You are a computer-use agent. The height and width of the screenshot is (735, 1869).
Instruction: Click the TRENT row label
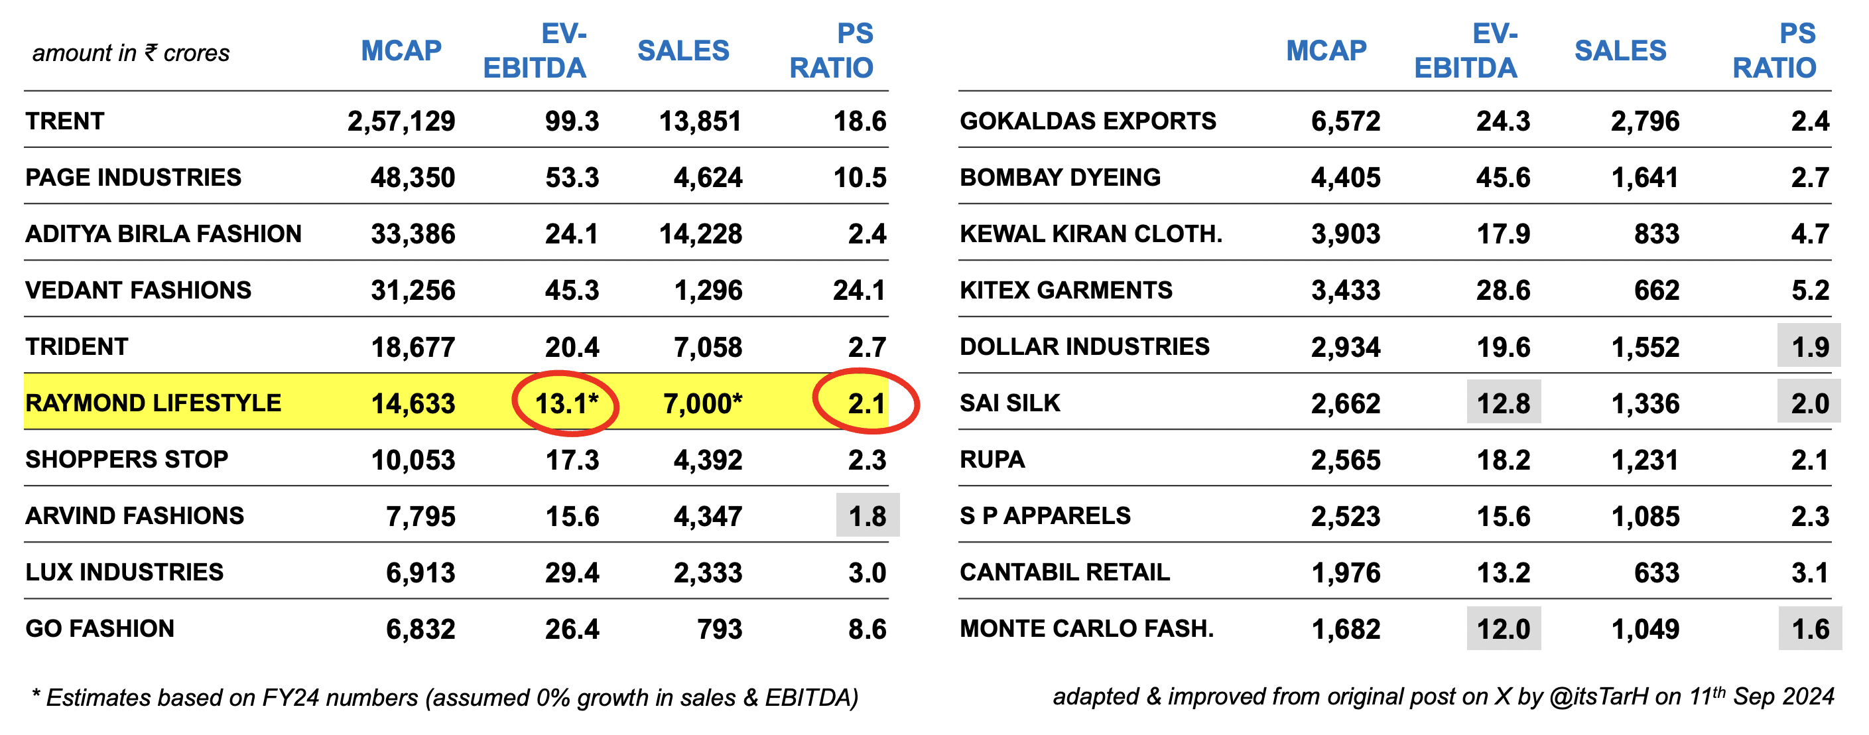(x=65, y=121)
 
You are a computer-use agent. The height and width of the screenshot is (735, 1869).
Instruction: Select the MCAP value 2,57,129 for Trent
(x=401, y=121)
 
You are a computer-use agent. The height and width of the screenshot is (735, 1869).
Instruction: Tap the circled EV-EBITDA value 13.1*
(x=566, y=403)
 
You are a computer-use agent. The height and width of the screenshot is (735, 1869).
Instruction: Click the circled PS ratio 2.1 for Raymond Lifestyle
(x=866, y=403)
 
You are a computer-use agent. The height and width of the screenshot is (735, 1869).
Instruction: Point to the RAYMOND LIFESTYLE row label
(x=153, y=403)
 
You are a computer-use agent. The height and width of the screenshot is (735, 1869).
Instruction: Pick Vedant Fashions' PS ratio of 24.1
(x=859, y=291)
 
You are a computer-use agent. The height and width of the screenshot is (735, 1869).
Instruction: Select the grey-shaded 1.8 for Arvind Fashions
(x=867, y=516)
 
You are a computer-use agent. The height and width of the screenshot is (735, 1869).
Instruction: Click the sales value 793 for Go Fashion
(x=719, y=629)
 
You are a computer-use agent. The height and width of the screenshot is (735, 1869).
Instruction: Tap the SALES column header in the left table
(x=682, y=51)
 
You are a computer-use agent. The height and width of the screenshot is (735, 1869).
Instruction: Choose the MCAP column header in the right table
(x=1326, y=51)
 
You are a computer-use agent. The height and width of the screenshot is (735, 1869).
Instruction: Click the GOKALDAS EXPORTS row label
(x=1088, y=121)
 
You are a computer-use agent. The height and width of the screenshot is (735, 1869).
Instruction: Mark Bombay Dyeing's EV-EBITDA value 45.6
(x=1503, y=178)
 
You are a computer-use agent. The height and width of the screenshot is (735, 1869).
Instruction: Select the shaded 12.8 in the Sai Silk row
(x=1504, y=403)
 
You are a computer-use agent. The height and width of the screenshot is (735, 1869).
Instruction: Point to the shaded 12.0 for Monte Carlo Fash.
(x=1504, y=629)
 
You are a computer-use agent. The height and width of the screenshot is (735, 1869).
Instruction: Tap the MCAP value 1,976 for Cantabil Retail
(x=1346, y=572)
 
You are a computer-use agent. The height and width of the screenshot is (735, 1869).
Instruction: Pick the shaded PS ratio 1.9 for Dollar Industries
(x=1809, y=347)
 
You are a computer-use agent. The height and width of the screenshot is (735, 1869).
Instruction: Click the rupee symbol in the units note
(x=151, y=52)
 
